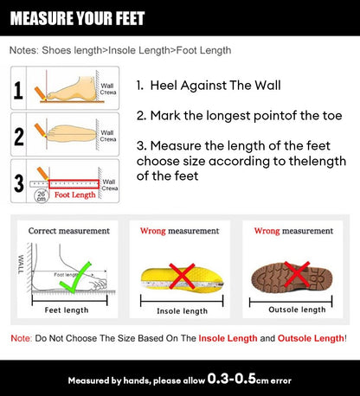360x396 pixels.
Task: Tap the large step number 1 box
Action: pos(19,89)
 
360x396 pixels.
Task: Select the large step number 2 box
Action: pos(19,136)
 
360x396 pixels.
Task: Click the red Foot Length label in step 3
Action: pos(76,195)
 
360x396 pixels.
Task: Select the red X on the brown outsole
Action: pos(296,275)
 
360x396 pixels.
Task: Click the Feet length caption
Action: pos(67,309)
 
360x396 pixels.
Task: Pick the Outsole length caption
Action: pos(296,309)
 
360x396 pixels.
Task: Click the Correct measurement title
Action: pos(69,231)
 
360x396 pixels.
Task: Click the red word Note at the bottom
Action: pos(21,337)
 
